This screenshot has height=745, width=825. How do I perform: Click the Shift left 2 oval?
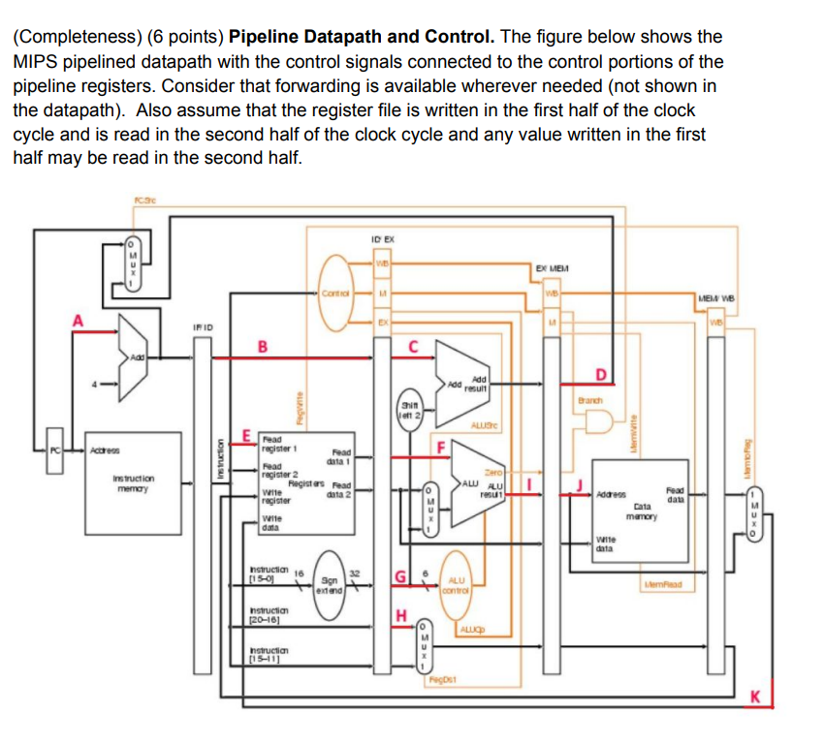point(411,412)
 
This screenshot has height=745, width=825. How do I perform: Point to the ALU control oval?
point(455,583)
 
